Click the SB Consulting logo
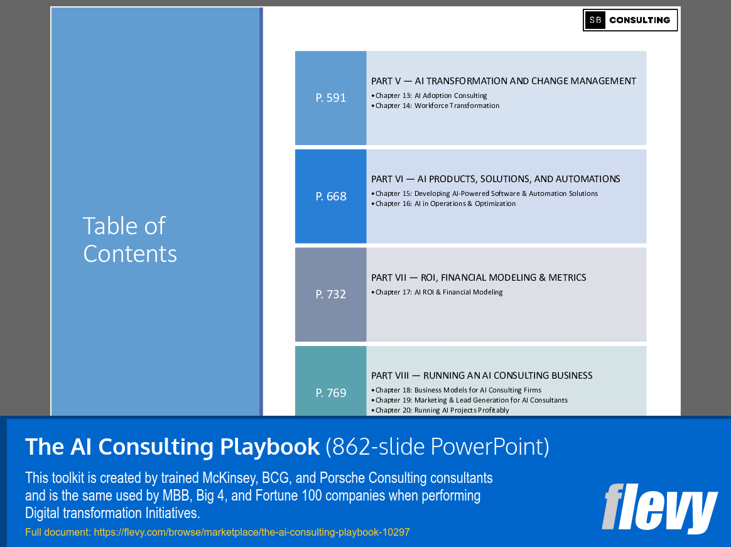pos(630,20)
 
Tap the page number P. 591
pos(331,98)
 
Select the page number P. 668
pos(331,197)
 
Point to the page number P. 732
pos(331,295)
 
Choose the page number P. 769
pos(331,393)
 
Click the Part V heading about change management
pos(503,81)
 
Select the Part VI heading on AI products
pos(495,179)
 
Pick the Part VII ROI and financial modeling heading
pos(479,278)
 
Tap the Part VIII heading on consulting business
pos(482,376)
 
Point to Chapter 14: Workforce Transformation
pos(437,106)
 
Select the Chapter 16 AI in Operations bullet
pos(445,203)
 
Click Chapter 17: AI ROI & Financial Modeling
pos(439,292)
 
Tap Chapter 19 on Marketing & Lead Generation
pos(471,400)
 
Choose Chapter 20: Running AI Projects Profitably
pos(442,410)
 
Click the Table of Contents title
pos(130,240)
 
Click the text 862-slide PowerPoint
pos(437,447)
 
